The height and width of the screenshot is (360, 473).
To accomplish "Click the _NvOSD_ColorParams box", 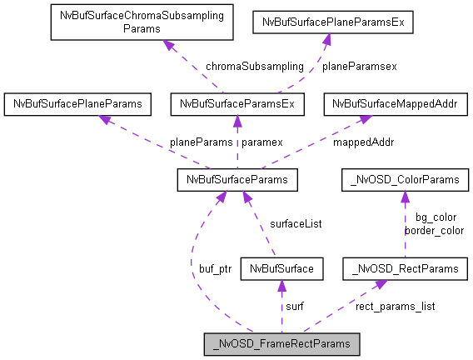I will pos(406,179).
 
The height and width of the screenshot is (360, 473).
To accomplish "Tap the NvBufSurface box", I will pos(280,268).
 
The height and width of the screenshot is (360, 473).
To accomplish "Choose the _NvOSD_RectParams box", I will pos(406,268).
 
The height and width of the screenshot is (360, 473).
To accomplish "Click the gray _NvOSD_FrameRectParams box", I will pos(282,343).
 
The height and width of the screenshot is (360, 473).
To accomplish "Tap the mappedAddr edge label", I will pos(365,142).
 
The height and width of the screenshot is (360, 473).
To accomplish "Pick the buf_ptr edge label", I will pos(215,269).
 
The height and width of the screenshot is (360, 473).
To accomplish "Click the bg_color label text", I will pos(435,217).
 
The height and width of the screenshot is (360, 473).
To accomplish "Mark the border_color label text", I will pos(434,229).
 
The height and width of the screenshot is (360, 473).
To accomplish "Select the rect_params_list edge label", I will pos(395,306).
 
